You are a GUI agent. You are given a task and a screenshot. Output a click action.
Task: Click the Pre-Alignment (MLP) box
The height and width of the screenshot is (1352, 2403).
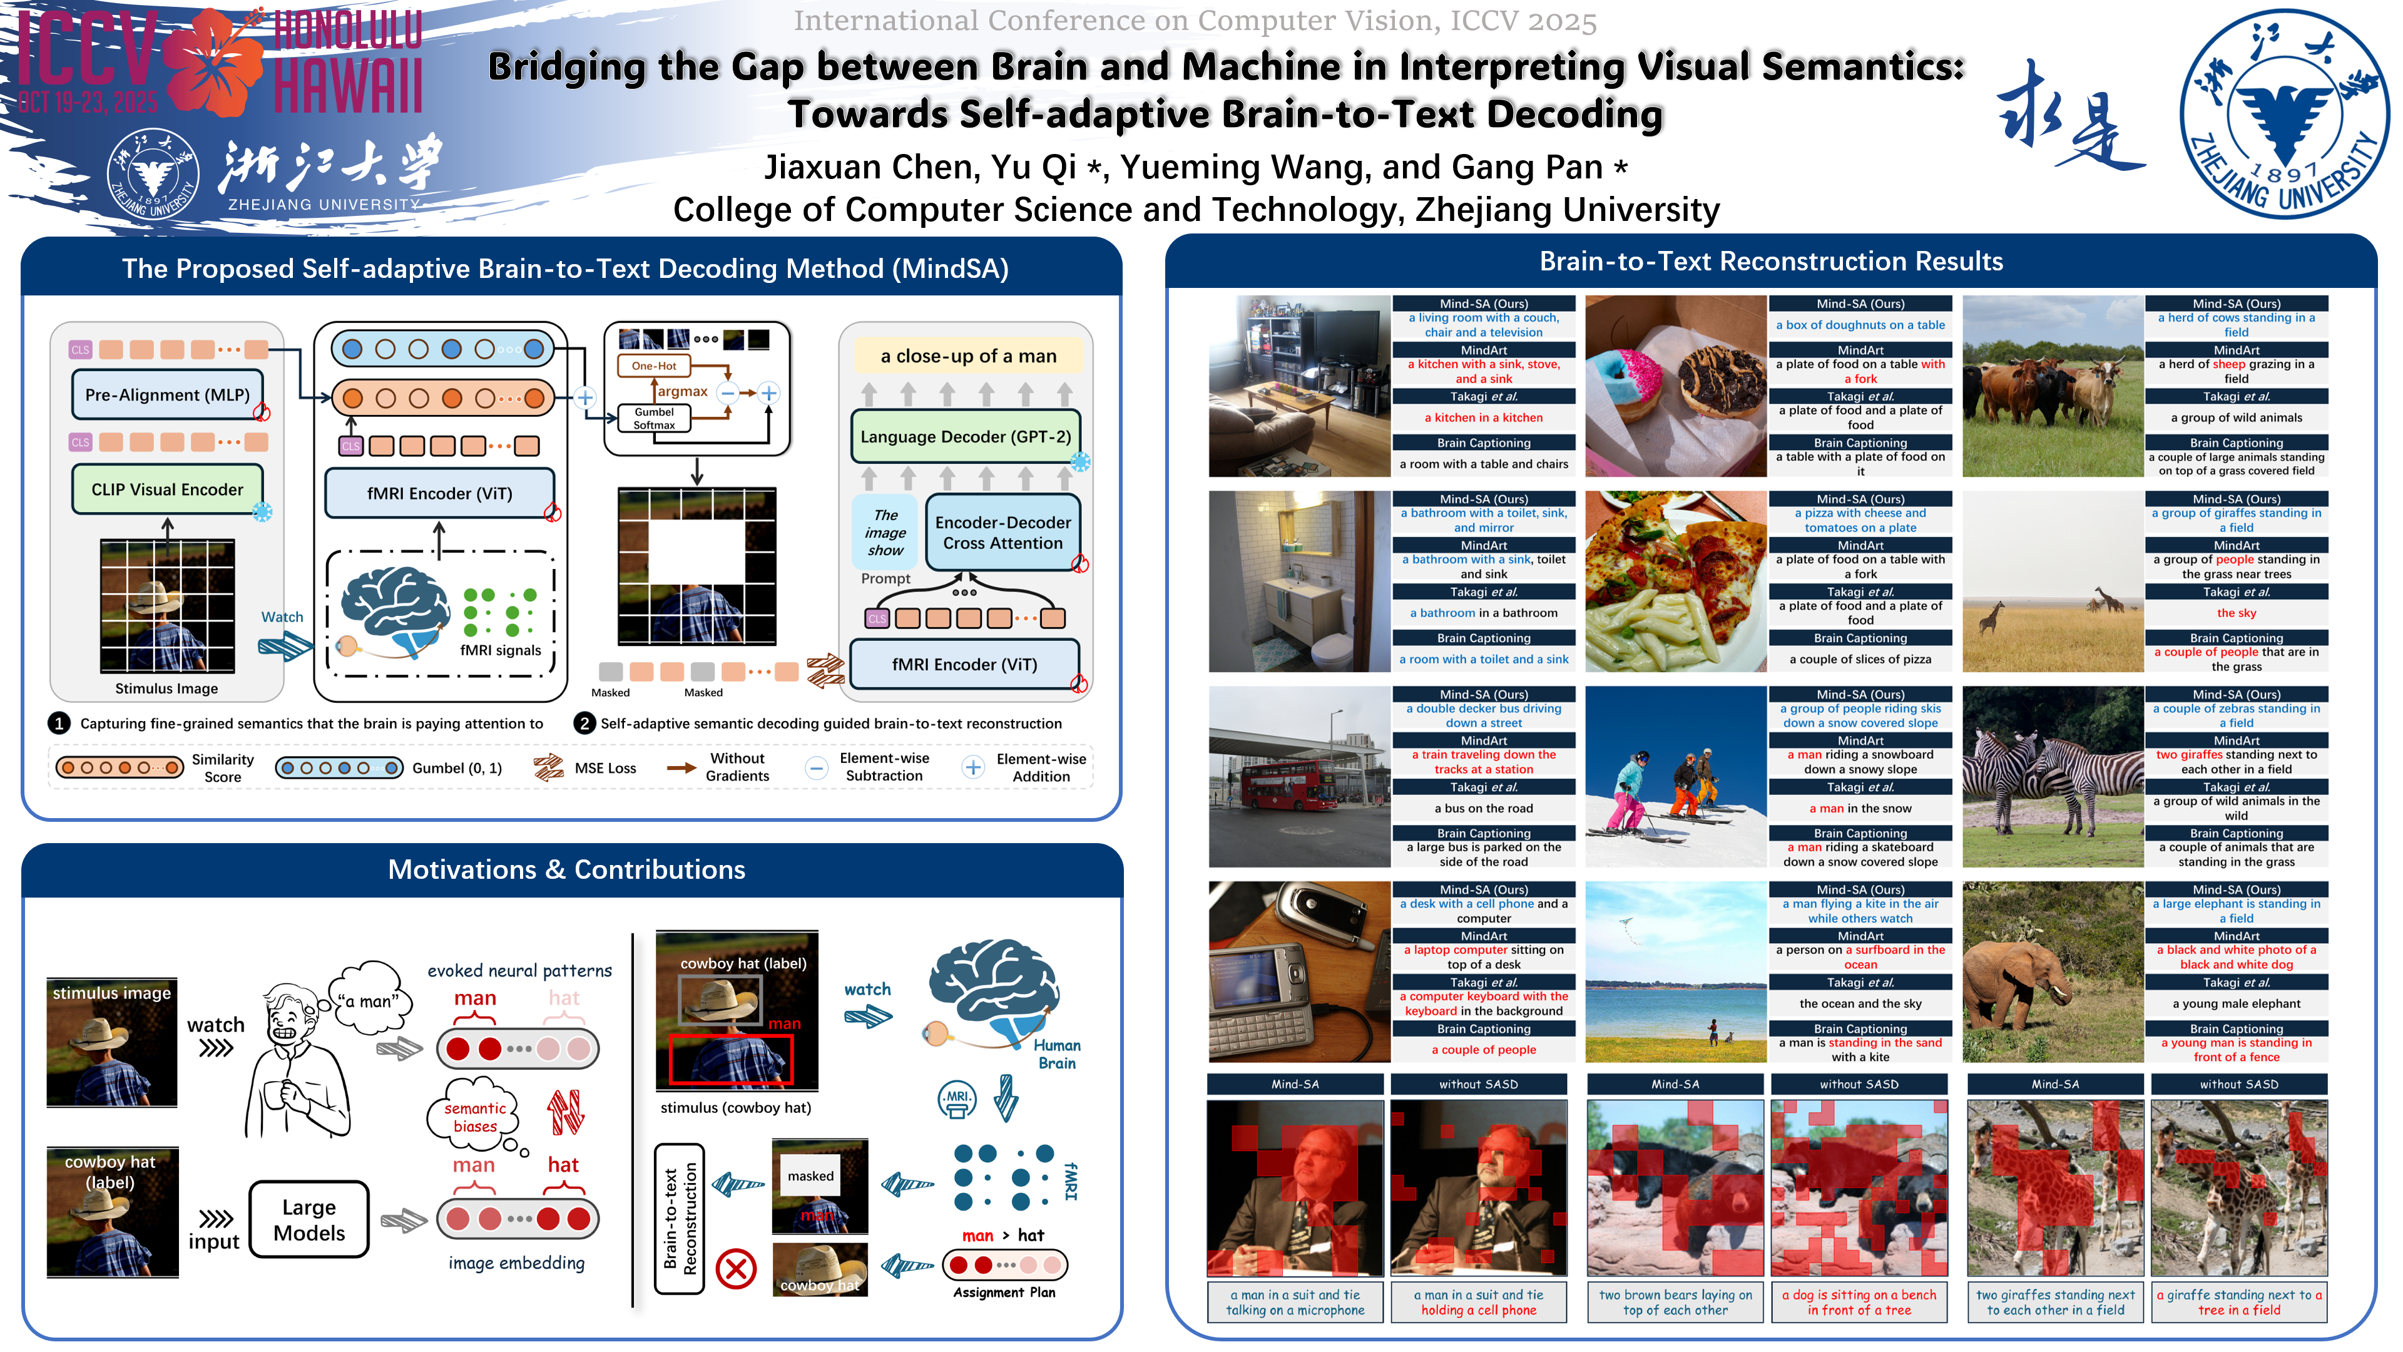point(167,395)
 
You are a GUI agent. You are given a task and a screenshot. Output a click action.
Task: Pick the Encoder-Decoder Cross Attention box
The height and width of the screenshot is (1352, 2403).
point(1002,533)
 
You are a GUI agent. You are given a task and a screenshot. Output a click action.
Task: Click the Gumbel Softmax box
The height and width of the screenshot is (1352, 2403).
point(654,419)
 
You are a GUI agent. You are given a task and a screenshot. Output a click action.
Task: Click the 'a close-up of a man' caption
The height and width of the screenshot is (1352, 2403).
point(968,356)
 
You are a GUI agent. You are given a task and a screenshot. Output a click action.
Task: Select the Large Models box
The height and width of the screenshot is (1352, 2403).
point(309,1219)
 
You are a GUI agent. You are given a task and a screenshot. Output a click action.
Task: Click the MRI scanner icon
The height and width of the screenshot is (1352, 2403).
point(956,1099)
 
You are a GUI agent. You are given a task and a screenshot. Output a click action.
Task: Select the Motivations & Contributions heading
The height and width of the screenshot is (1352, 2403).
point(566,869)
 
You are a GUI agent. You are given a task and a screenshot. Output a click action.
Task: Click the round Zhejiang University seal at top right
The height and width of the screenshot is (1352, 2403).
point(2283,115)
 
